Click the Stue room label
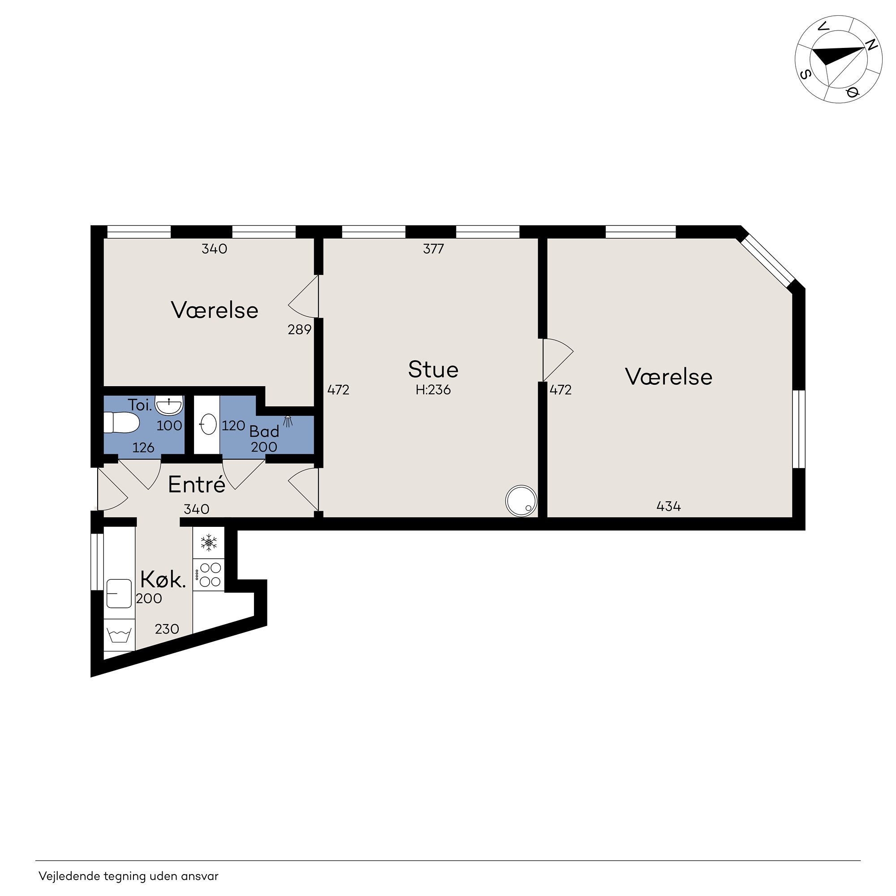pos(433,370)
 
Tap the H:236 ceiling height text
pos(433,390)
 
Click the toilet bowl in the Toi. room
pos(121,422)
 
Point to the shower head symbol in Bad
pos(288,421)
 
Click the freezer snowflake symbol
pos(209,542)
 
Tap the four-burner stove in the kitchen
pos(209,575)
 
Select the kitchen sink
pos(119,593)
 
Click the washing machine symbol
pos(119,634)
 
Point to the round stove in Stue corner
pos(521,501)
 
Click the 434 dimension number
pos(668,506)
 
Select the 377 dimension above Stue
pos(434,249)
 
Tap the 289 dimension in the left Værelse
pos(300,330)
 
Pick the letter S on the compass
pos(806,74)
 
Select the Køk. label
pos(163,579)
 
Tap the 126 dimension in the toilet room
pos(143,448)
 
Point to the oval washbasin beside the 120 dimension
pos(208,424)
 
